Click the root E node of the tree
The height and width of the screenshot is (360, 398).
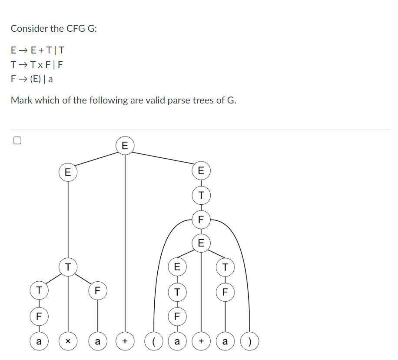point(125,145)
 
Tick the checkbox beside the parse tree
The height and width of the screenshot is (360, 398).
point(17,140)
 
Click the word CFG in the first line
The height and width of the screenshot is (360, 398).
point(76,29)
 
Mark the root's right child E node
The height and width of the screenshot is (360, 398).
point(201,170)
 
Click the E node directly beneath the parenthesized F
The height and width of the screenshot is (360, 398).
point(201,243)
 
